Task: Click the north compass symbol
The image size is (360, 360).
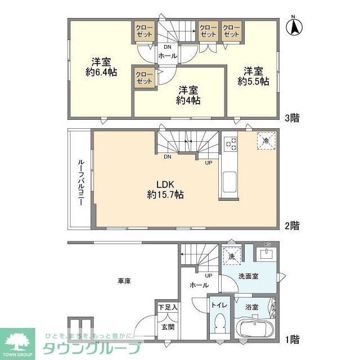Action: click(x=294, y=26)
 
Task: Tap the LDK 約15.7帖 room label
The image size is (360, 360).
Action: click(x=165, y=189)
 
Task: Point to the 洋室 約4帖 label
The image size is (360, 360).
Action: click(x=188, y=95)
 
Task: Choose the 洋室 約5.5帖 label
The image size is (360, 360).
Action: click(x=253, y=76)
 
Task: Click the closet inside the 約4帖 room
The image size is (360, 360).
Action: click(x=145, y=78)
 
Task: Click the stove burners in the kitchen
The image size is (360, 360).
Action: click(x=231, y=144)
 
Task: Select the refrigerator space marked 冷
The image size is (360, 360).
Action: click(x=266, y=141)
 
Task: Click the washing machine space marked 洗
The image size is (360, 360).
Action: click(x=232, y=256)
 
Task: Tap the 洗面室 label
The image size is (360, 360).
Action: click(x=247, y=276)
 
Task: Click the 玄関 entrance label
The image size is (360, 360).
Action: click(x=168, y=326)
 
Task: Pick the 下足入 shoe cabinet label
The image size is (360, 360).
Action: click(x=168, y=307)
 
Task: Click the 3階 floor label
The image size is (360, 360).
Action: click(x=291, y=118)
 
